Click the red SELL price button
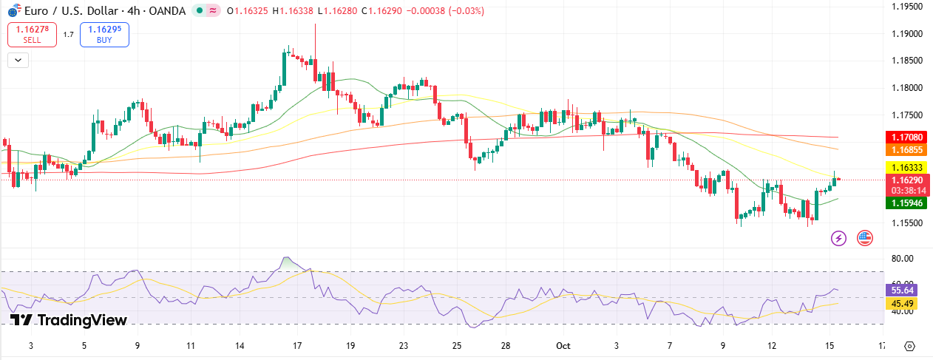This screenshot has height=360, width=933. (x=32, y=34)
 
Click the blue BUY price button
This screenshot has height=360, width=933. (x=104, y=34)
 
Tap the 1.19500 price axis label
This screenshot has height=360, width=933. (x=906, y=7)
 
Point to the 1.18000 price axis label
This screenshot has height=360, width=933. (x=906, y=88)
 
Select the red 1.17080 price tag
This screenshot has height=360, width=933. (x=906, y=137)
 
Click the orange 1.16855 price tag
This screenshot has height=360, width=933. (x=906, y=149)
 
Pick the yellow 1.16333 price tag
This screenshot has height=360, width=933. (x=906, y=168)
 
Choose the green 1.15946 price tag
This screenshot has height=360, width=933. (x=906, y=202)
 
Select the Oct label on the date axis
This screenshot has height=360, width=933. (x=563, y=346)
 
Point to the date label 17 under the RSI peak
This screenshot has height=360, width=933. (x=296, y=346)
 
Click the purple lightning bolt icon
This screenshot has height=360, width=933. (x=838, y=238)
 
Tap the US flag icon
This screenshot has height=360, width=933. (x=864, y=238)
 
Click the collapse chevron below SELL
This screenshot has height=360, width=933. (x=18, y=61)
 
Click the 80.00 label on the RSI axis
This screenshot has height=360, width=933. (x=903, y=259)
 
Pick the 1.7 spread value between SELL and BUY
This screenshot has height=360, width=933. (x=68, y=34)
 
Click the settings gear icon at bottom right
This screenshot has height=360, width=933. (x=910, y=346)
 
